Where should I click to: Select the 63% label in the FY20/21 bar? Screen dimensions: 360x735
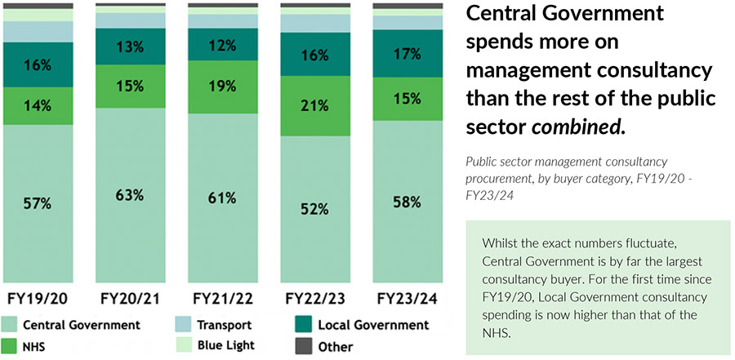click(x=130, y=195)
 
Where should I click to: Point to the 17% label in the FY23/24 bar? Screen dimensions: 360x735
click(x=407, y=55)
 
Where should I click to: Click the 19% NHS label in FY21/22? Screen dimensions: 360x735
click(x=222, y=85)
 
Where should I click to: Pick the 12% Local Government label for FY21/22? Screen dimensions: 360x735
click(x=222, y=45)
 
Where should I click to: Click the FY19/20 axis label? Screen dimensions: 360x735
click(x=38, y=299)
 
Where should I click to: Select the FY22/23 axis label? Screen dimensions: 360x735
click(x=314, y=299)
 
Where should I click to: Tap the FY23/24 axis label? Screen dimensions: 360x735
click(x=407, y=299)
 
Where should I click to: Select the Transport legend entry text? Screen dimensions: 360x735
click(x=224, y=325)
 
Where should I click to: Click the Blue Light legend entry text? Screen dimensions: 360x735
click(x=225, y=346)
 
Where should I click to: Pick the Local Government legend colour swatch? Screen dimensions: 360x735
click(x=305, y=325)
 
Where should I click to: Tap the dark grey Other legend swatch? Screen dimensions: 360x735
click(x=305, y=346)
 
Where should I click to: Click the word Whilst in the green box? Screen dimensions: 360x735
click(x=501, y=244)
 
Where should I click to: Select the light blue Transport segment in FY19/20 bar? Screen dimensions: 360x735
click(x=38, y=32)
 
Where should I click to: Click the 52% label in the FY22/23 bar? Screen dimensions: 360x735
click(x=314, y=209)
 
